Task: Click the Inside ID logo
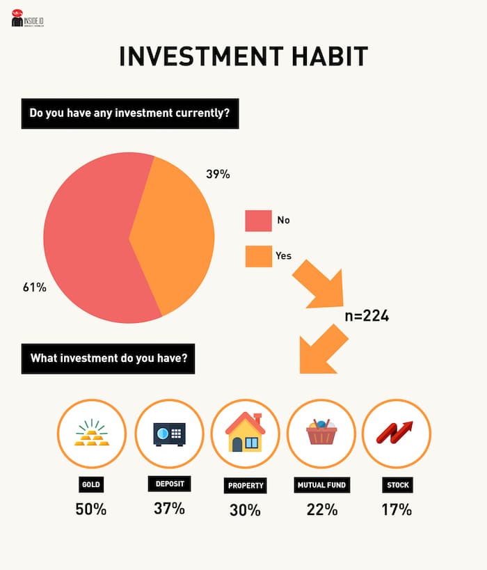(x=28, y=18)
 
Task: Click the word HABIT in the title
(x=330, y=56)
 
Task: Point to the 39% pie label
(x=218, y=174)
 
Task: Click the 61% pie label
(x=35, y=287)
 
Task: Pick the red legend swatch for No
(x=258, y=221)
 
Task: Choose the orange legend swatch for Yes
(x=259, y=256)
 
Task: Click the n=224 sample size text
(x=367, y=315)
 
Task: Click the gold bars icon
(x=92, y=433)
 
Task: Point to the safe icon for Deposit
(x=169, y=434)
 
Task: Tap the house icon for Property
(x=245, y=432)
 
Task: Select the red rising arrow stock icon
(x=394, y=433)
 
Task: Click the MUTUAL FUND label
(x=322, y=485)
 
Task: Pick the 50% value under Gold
(x=91, y=509)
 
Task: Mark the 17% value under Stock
(x=397, y=509)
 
